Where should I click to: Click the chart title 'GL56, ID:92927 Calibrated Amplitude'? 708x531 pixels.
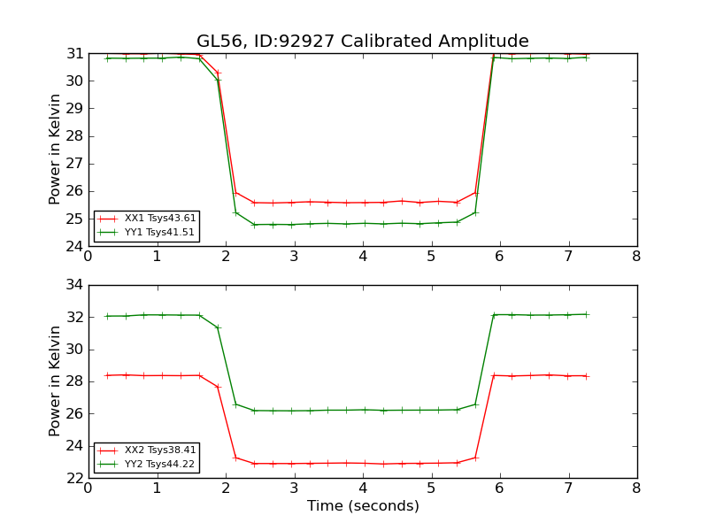click(362, 42)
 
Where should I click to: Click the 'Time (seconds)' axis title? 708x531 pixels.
click(362, 506)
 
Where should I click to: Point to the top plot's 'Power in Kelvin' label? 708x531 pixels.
click(55, 150)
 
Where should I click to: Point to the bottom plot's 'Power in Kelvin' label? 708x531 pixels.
click(55, 381)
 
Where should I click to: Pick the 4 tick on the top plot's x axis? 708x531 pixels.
click(362, 257)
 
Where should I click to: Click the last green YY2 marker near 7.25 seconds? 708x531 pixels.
click(586, 314)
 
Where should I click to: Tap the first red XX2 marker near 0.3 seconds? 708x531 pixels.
click(107, 375)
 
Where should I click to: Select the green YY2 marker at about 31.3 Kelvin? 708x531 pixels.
click(218, 327)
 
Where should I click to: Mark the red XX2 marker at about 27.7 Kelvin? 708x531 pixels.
click(218, 387)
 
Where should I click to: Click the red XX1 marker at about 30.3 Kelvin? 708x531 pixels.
click(218, 73)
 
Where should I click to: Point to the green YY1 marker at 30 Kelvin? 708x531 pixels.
click(218, 81)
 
